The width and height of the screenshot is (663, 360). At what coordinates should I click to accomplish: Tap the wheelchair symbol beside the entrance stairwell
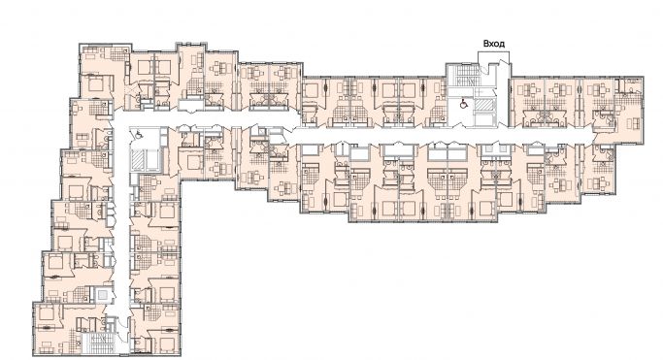[x=463, y=101]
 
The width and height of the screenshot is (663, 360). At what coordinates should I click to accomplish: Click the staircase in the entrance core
[x=457, y=78]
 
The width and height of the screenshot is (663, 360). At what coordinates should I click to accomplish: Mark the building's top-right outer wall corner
[x=643, y=74]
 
